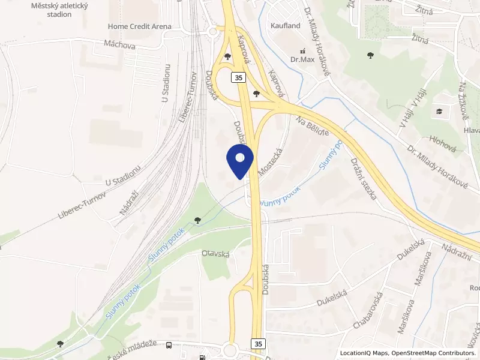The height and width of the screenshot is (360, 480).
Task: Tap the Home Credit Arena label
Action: click(139, 26)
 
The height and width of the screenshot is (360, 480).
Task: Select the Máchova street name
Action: click(119, 44)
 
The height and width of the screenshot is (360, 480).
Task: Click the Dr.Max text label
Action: click(302, 59)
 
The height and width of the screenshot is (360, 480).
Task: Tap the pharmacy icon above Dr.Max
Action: click(302, 51)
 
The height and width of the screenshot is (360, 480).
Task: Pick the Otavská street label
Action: click(216, 254)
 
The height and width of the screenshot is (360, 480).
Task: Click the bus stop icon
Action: click(169, 345)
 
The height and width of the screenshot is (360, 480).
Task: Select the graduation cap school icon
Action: click(440, 111)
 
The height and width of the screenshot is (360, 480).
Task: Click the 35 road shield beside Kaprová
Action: click(238, 77)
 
